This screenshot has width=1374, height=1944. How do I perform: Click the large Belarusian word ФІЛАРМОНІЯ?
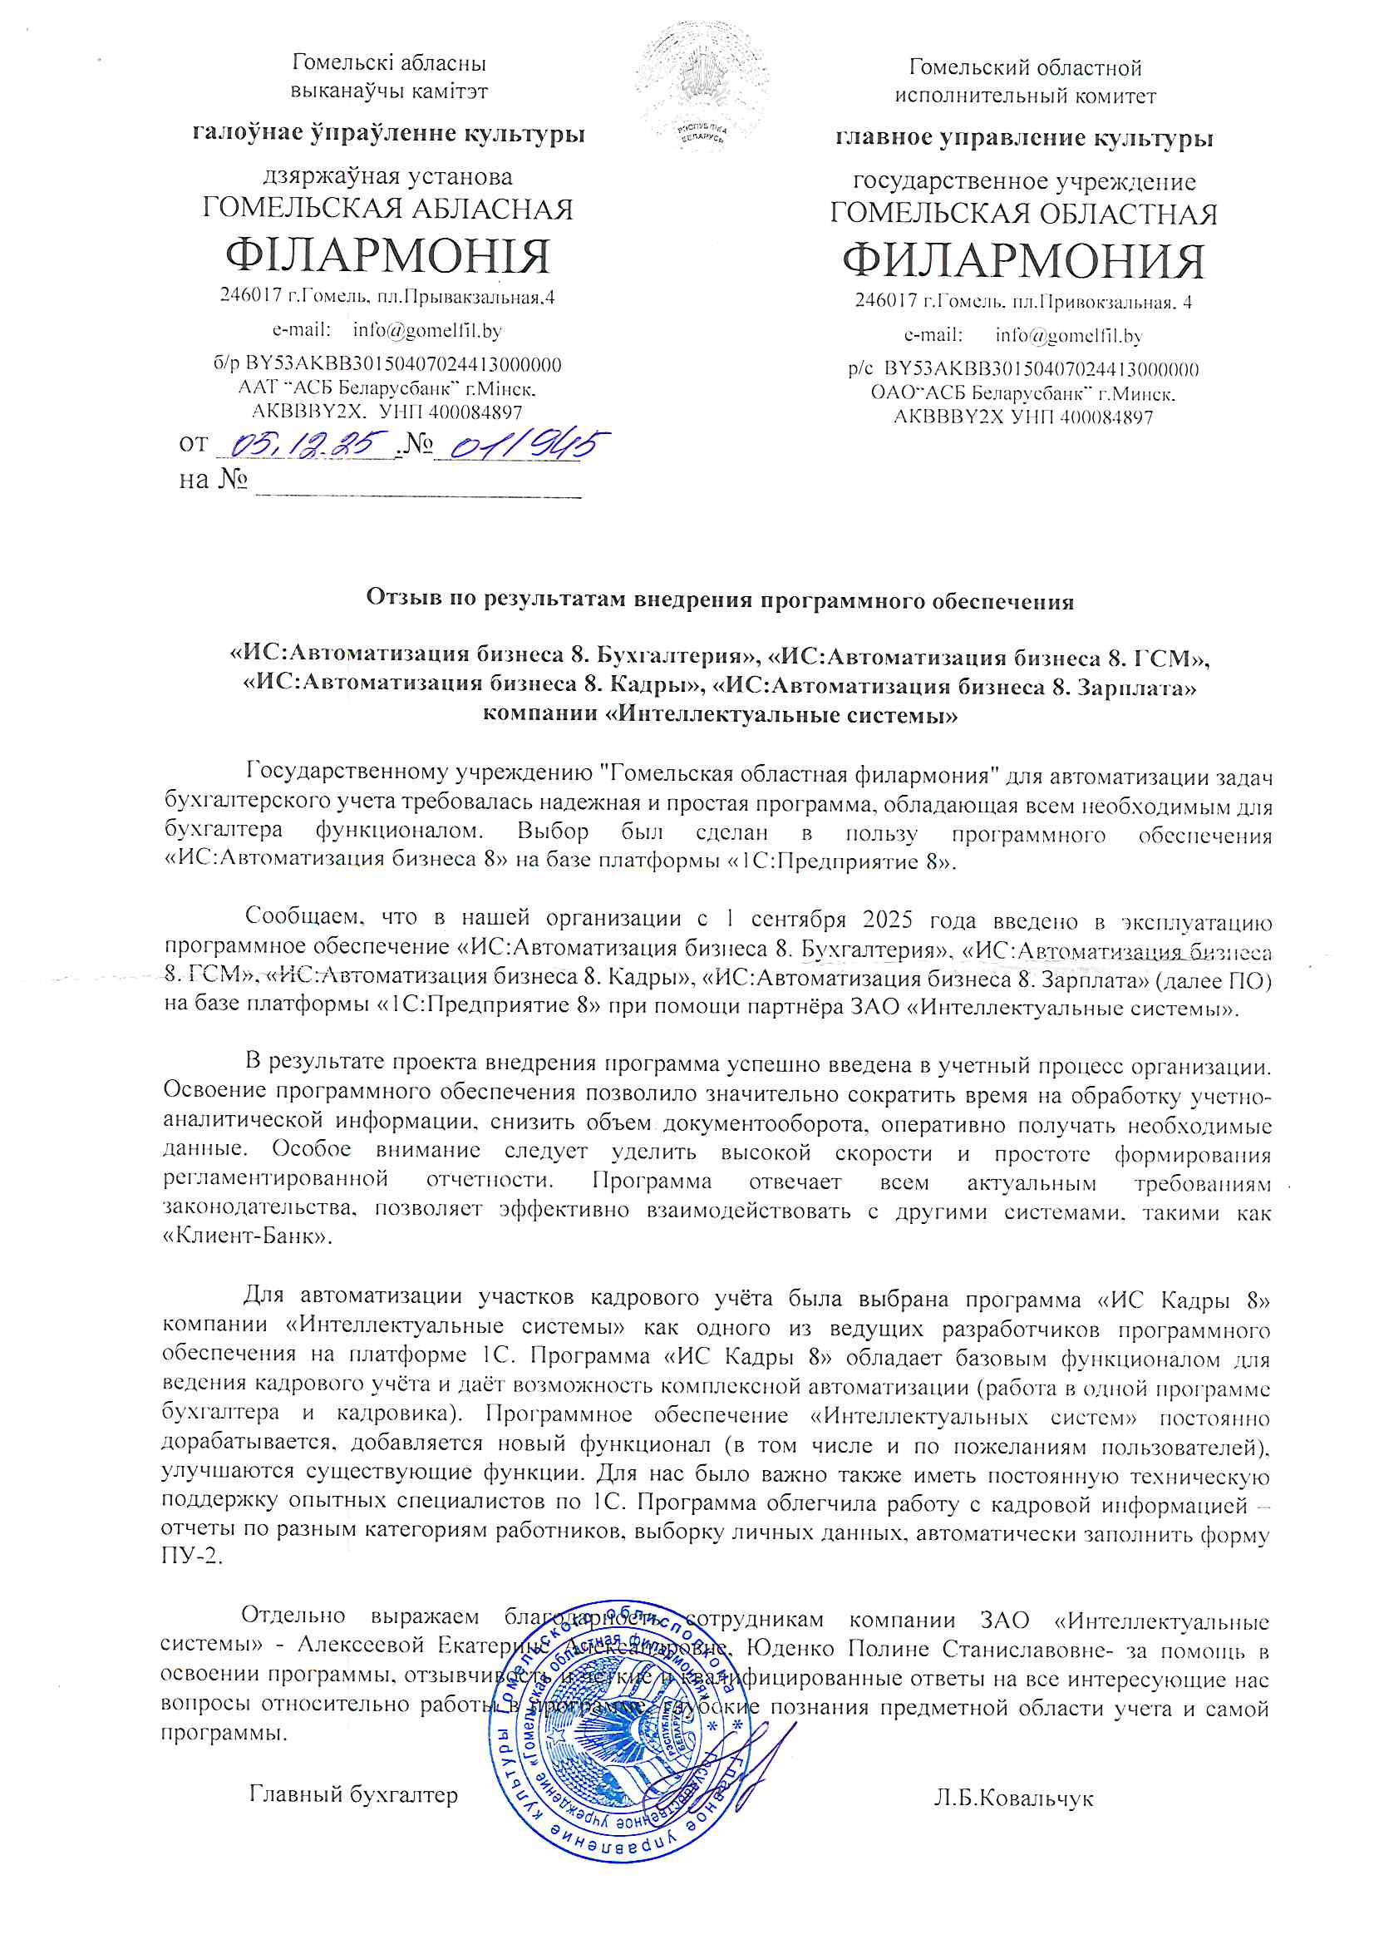pyautogui.click(x=387, y=256)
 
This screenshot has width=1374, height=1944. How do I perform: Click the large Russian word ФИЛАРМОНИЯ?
pyautogui.click(x=1022, y=261)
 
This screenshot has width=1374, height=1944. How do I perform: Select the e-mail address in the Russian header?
pyautogui.click(x=1068, y=335)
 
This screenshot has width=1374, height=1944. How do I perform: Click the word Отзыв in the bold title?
pyautogui.click(x=393, y=598)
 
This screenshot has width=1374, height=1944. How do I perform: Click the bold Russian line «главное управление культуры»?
pyautogui.click(x=1023, y=138)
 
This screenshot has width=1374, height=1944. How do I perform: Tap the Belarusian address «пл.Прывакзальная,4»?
pyautogui.click(x=477, y=297)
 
